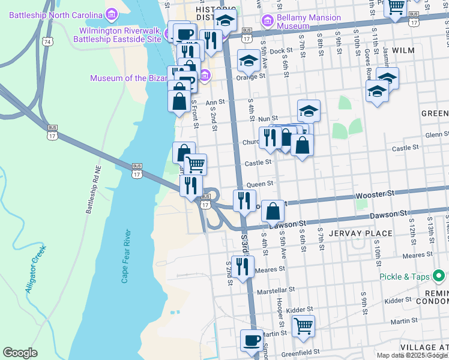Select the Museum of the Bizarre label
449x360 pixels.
(x=142, y=77)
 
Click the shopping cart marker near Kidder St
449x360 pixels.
(x=303, y=326)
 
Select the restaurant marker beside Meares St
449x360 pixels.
(x=243, y=267)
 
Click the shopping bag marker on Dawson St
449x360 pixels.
(x=273, y=211)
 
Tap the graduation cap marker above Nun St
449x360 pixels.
(x=309, y=110)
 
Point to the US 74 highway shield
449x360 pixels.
(x=47, y=40)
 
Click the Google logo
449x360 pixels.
(x=20, y=353)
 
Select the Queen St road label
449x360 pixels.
(x=261, y=184)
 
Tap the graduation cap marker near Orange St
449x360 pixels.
(x=248, y=61)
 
